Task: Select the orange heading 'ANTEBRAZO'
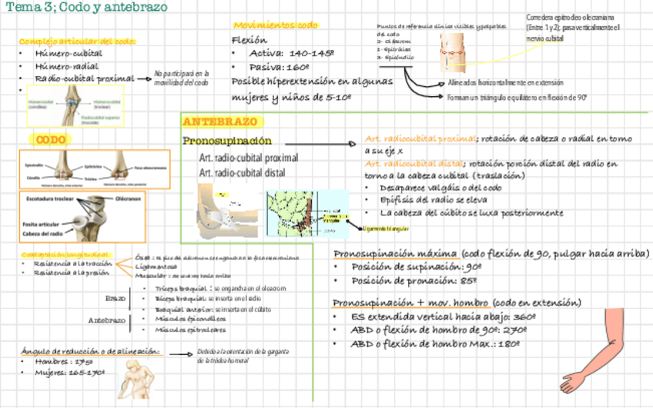221,122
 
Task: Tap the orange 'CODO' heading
52,139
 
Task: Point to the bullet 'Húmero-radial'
67,66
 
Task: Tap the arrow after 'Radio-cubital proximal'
144,78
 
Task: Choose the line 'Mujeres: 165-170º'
69,373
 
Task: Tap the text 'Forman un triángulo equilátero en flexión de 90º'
517,98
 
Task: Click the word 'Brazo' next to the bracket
115,298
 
